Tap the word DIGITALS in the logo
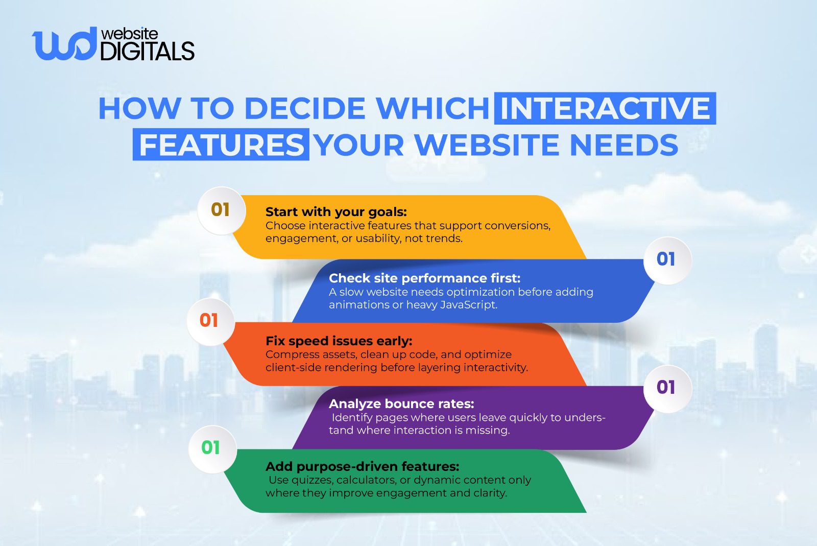[x=147, y=52]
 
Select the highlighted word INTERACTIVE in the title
[x=605, y=108]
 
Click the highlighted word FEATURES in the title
[x=221, y=145]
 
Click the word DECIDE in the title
[x=305, y=108]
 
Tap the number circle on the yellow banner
[x=221, y=210]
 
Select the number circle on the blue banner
[x=666, y=259]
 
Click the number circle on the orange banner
[x=209, y=321]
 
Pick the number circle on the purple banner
[x=666, y=388]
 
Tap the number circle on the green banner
[x=211, y=448]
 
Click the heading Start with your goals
[x=336, y=212]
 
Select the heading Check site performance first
[x=424, y=278]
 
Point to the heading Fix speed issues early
[x=339, y=341]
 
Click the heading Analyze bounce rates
[x=401, y=404]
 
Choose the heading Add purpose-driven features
[x=362, y=467]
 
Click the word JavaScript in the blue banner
[x=468, y=305]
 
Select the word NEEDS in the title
[x=623, y=145]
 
